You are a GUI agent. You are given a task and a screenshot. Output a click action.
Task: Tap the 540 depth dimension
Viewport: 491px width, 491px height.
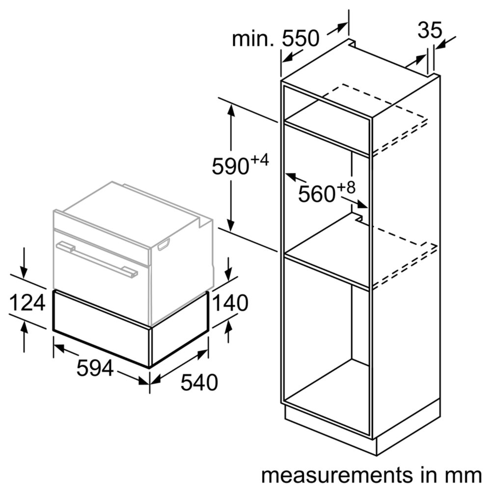point(199,382)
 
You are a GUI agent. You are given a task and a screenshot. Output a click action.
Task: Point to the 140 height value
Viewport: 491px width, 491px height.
point(229,303)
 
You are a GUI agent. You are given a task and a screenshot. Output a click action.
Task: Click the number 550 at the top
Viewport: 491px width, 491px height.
point(301,38)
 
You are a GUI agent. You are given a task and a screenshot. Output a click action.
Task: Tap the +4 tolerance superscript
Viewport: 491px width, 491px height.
point(260,160)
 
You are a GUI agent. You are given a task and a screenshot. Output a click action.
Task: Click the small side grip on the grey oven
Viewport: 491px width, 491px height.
point(164,244)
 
